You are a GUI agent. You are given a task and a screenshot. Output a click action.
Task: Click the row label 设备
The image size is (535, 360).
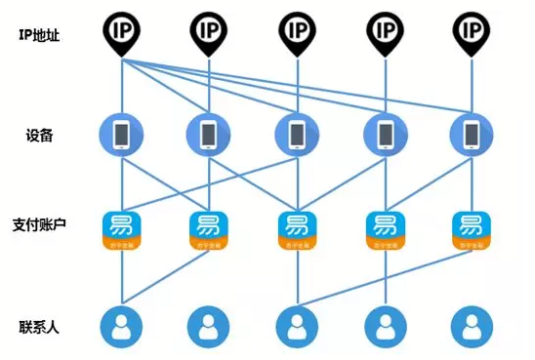click(x=39, y=136)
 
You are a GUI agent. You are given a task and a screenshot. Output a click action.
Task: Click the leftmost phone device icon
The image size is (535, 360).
click(x=121, y=134)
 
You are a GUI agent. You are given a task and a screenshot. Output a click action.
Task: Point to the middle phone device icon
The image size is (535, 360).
click(x=295, y=134)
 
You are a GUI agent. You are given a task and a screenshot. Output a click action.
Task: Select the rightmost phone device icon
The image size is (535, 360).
click(x=471, y=134)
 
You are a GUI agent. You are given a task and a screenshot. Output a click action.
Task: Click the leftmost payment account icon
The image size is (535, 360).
click(x=121, y=230)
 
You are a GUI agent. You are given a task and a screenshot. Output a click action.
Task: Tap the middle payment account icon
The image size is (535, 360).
click(x=296, y=230)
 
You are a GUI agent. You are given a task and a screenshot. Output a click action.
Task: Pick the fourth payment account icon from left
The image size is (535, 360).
click(x=384, y=230)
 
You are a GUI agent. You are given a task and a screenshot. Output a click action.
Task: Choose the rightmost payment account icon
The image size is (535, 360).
click(x=471, y=230)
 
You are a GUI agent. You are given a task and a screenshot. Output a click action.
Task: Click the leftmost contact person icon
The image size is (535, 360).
click(x=121, y=327)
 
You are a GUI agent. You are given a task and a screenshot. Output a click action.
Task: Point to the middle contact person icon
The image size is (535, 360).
click(x=296, y=327)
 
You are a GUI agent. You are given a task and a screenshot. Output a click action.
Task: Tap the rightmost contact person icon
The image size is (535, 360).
click(x=471, y=327)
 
